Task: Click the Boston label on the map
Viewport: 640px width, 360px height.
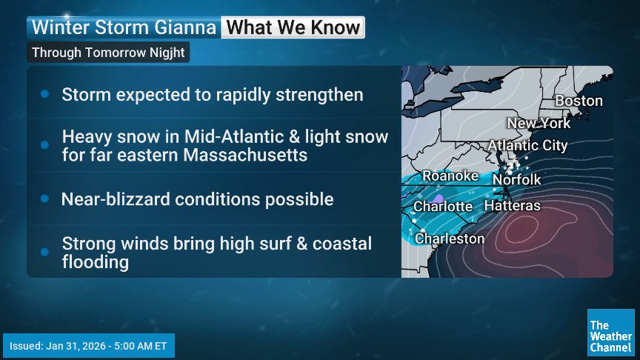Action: (579, 101)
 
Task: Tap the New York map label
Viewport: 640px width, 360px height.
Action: (539, 123)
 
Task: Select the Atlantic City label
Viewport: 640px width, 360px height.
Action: (527, 145)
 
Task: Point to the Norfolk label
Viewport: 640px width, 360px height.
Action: (516, 179)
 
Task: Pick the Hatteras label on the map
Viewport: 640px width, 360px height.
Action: (512, 205)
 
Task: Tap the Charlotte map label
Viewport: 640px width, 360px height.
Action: (443, 207)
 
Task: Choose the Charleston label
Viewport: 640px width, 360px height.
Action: (449, 239)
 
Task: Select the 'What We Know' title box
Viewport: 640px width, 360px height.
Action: (293, 28)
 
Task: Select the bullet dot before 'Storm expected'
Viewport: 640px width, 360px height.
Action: (44, 95)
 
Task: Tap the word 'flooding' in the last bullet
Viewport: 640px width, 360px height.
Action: (96, 262)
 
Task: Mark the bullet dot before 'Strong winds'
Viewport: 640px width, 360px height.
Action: (44, 252)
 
